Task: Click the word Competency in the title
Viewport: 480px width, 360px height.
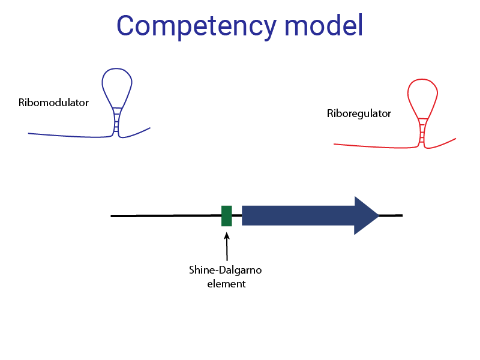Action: pyautogui.click(x=196, y=26)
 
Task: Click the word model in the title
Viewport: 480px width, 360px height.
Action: pyautogui.click(x=323, y=26)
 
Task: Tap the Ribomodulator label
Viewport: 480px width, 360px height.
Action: pyautogui.click(x=53, y=103)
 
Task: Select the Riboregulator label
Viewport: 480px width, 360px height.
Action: pyautogui.click(x=359, y=113)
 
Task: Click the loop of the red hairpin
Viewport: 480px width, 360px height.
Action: pyautogui.click(x=423, y=95)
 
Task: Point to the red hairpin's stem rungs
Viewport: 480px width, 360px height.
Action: pyautogui.click(x=422, y=132)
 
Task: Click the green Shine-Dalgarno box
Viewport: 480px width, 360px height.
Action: pyautogui.click(x=227, y=215)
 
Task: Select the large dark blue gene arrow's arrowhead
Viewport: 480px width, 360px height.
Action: pyautogui.click(x=365, y=215)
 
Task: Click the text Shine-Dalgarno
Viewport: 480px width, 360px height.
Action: pyautogui.click(x=226, y=270)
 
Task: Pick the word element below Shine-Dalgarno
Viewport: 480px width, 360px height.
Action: pyautogui.click(x=226, y=284)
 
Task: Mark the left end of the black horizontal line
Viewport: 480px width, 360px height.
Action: pyautogui.click(x=112, y=215)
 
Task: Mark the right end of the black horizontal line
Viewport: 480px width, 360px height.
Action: pyautogui.click(x=401, y=215)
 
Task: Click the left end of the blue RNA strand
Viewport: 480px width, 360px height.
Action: pyautogui.click(x=29, y=133)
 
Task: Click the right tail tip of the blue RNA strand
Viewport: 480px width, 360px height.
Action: pyautogui.click(x=149, y=128)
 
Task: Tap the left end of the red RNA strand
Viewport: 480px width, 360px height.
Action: pyautogui.click(x=335, y=145)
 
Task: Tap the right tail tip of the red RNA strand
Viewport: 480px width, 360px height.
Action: pyautogui.click(x=455, y=139)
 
